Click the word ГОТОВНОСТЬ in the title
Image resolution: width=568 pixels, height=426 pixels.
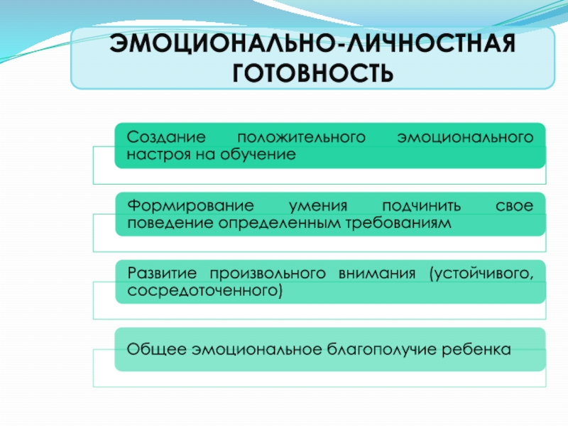click(312, 72)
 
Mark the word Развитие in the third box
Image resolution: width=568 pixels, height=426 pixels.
click(161, 273)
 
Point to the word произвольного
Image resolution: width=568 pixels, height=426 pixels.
click(267, 273)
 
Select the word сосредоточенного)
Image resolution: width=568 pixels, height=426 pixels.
click(204, 290)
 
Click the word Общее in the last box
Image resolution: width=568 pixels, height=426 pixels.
click(151, 349)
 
